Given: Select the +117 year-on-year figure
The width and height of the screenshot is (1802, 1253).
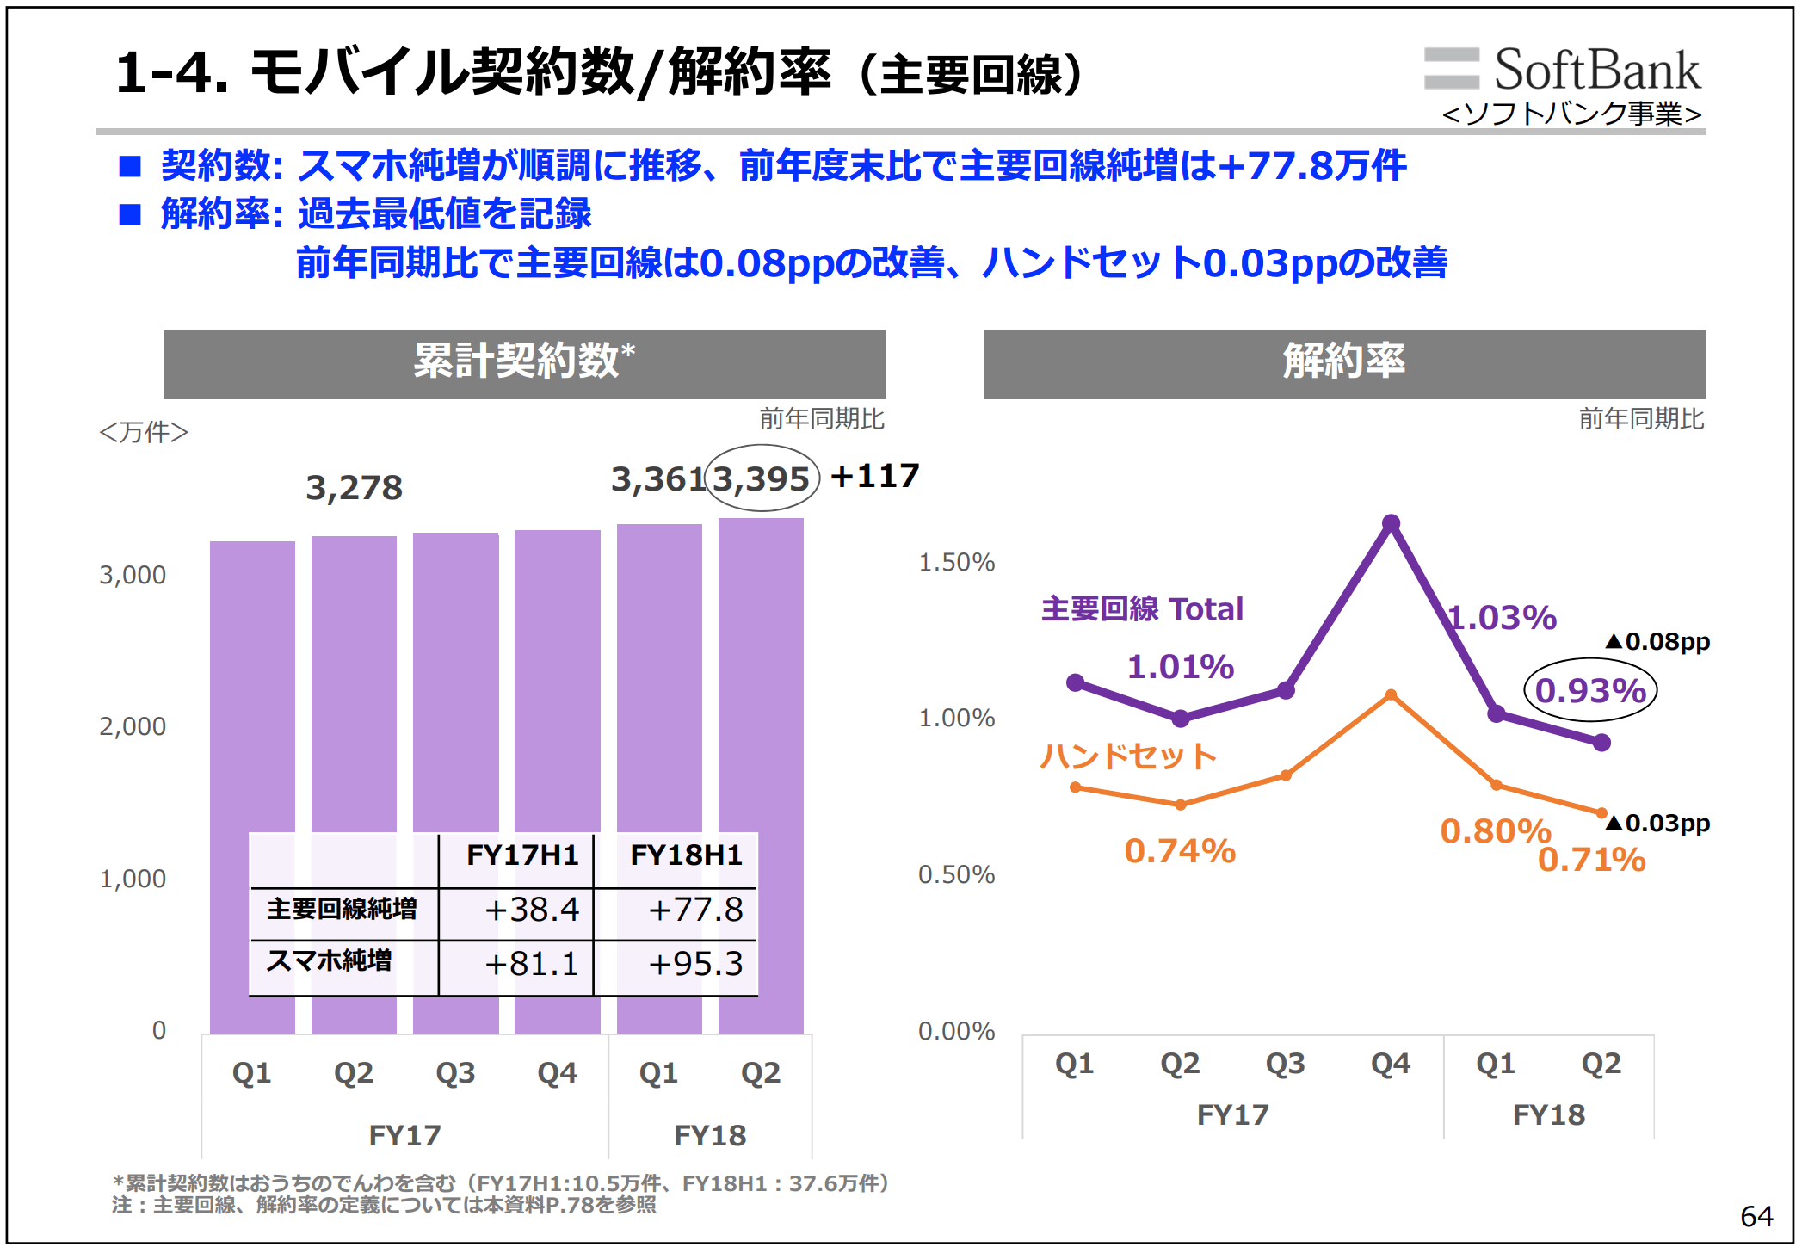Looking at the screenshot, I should (875, 476).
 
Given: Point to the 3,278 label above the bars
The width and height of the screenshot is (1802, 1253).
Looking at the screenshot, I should (354, 488).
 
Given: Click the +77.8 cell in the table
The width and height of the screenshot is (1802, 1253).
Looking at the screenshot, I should (694, 910).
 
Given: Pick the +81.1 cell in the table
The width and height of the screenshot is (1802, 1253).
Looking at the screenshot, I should (532, 964).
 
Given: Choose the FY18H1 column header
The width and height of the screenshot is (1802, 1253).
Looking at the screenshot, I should (686, 855).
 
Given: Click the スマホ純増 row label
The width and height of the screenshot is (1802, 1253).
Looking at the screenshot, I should (330, 960).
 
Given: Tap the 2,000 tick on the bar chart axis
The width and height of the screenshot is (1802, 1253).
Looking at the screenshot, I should (133, 726).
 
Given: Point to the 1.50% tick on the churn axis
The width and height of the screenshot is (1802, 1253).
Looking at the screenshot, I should (956, 562).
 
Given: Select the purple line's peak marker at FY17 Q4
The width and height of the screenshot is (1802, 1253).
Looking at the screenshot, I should (1391, 522).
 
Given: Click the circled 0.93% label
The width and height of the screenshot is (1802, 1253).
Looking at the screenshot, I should (1590, 690).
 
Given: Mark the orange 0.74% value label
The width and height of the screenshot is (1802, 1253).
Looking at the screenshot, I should (1180, 851).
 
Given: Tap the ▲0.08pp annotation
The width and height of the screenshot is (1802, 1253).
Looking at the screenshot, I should (1657, 641).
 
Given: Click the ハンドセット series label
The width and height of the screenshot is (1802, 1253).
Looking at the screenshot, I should (1128, 756).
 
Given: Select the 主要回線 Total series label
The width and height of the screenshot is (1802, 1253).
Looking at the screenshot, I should (1142, 608).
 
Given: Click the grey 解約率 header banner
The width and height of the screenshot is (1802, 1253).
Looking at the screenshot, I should (1344, 363).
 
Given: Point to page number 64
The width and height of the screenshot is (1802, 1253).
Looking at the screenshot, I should (1756, 1216).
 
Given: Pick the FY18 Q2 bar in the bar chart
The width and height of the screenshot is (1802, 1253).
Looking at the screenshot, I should (761, 775).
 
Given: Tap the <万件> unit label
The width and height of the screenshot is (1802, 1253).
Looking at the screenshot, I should (144, 432).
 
